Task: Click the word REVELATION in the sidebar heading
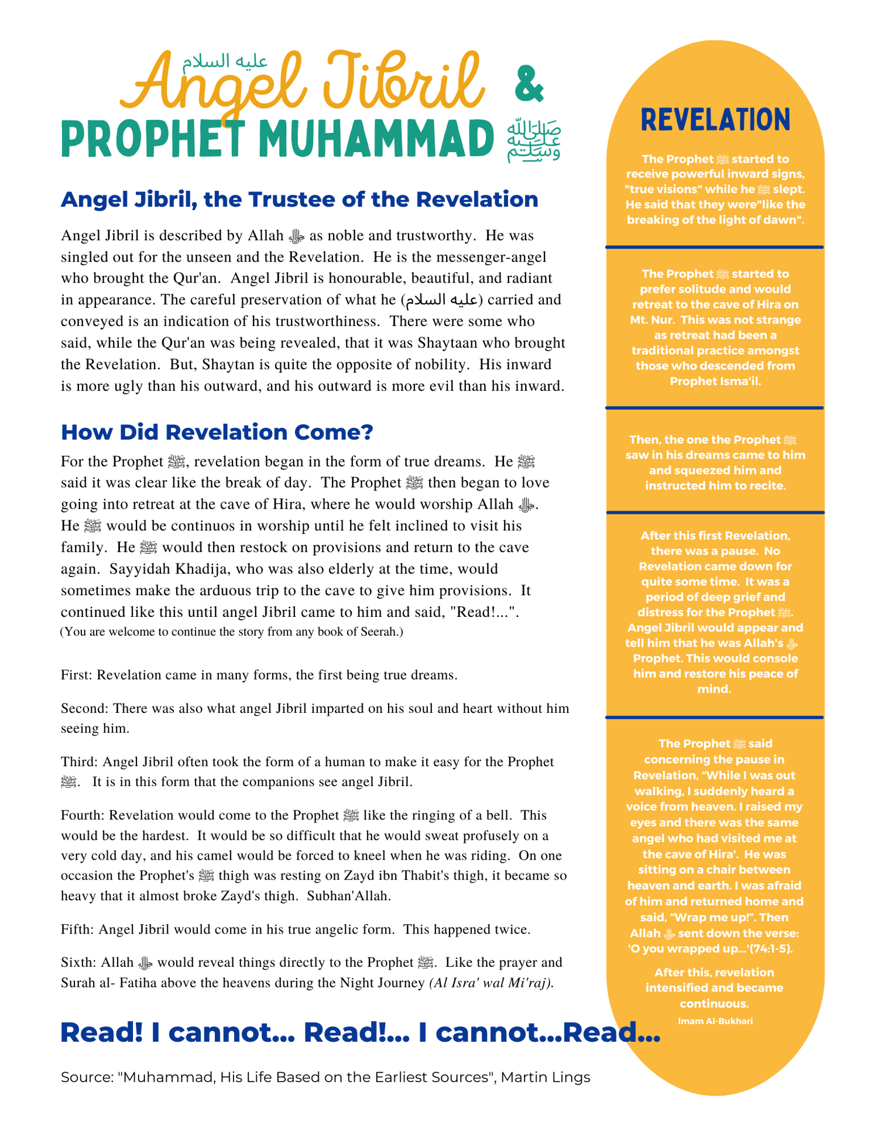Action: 715,120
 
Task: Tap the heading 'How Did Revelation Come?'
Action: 217,432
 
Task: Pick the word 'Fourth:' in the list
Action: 83,815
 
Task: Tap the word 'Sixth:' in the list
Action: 79,962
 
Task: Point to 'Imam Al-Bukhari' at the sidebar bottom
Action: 715,1021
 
